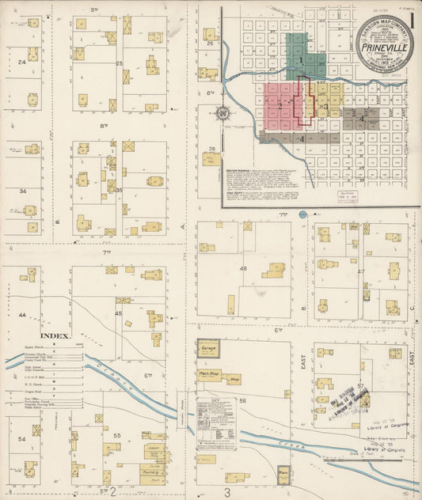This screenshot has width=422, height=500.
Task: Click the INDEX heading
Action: coord(55,335)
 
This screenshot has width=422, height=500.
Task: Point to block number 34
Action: coord(23,191)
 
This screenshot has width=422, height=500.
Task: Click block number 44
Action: coord(23,315)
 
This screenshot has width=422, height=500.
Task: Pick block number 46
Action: coord(243,269)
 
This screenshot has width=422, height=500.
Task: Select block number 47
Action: coord(361,271)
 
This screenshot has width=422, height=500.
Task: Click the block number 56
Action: coord(243,401)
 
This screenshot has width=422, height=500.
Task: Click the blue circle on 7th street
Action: coord(302,214)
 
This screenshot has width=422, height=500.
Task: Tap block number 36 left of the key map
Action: coord(211,149)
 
